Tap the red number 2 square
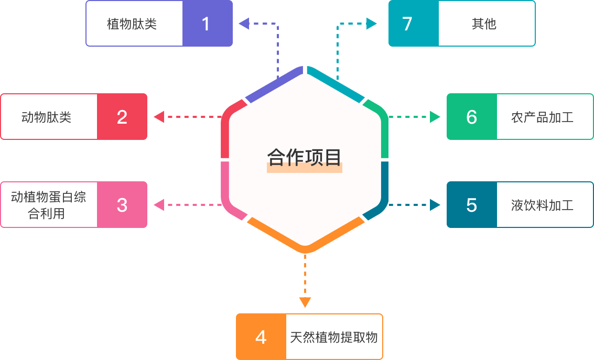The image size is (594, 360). [122, 116]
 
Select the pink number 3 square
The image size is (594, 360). [122, 204]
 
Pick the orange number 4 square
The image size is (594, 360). [261, 337]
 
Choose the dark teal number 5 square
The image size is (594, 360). [471, 205]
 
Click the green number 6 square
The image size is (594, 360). [471, 117]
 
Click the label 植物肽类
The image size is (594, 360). [132, 24]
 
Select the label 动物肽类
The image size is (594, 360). [46, 117]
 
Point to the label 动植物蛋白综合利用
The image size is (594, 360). [48, 205]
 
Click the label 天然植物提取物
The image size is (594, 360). [333, 337]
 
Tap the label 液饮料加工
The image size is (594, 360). [542, 205]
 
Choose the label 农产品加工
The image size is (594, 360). [542, 117]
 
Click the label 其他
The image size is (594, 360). [484, 24]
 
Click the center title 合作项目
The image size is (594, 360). [304, 157]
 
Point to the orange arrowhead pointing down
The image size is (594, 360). [305, 302]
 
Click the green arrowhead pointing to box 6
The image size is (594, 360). [435, 117]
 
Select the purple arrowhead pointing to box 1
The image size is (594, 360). [244, 23]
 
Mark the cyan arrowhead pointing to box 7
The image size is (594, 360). [372, 23]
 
